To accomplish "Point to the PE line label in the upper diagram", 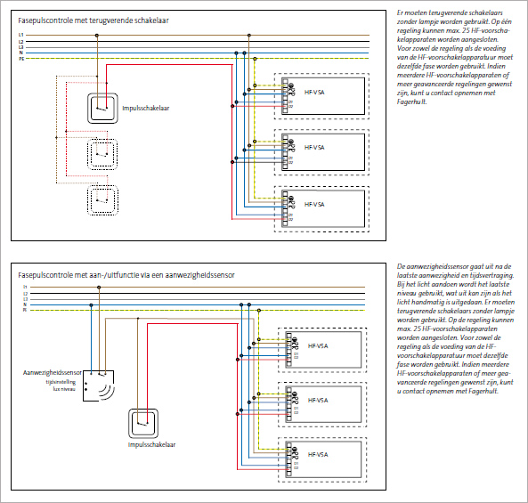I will (x=20, y=60).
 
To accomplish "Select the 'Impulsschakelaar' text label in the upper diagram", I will (x=146, y=108).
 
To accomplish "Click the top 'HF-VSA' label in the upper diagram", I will (x=313, y=89).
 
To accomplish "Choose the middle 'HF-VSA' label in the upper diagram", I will (x=313, y=148).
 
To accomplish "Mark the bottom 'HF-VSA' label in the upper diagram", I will (x=313, y=205).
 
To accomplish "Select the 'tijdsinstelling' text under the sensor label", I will (x=60, y=383).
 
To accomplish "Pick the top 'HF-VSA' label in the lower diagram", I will (x=317, y=345).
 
